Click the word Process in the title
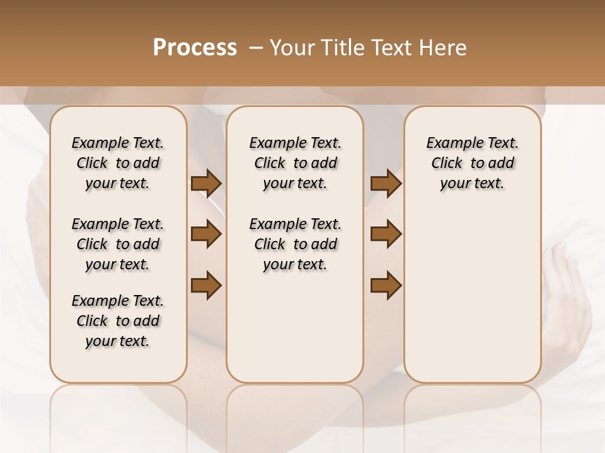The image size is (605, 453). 195,48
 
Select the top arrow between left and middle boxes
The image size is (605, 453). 206,184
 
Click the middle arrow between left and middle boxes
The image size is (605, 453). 206,235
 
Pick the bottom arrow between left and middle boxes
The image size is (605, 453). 206,286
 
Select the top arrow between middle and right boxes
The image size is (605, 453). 386,184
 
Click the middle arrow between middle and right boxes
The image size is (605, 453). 386,235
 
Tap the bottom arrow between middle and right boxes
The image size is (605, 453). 386,286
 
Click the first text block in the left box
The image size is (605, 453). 118,163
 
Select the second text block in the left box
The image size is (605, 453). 118,244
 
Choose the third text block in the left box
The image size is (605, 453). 118,321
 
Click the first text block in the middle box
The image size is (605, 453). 295,163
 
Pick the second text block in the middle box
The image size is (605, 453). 295,244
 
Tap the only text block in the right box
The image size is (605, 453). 472,163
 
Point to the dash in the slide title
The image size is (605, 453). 256,48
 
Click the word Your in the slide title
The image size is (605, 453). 290,48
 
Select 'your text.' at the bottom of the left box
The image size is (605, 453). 118,341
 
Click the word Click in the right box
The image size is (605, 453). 447,164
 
